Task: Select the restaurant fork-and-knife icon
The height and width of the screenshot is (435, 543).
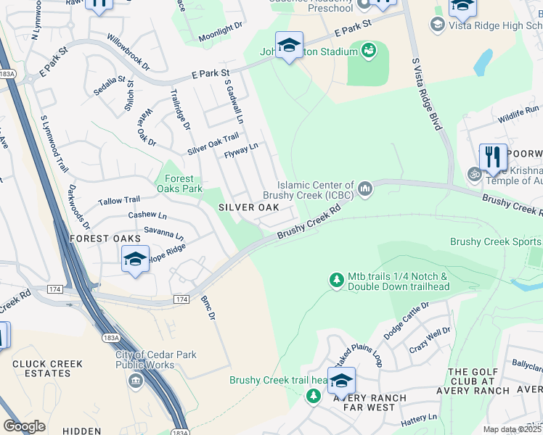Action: click(493, 157)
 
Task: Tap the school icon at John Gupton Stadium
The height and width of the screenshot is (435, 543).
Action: click(289, 45)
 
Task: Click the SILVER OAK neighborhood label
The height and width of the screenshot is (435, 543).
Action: click(249, 207)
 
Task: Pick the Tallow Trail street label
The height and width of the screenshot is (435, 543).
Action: click(119, 200)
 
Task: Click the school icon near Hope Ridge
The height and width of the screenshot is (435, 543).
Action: click(135, 258)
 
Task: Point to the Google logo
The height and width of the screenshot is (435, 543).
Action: click(24, 426)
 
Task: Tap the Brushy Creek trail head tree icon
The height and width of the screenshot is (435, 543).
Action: click(313, 396)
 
